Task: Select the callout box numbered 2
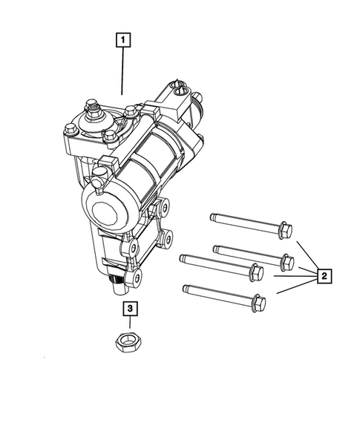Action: click(x=324, y=277)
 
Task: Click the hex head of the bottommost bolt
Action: click(x=258, y=303)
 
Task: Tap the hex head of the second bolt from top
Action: click(x=284, y=261)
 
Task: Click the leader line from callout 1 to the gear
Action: click(x=122, y=70)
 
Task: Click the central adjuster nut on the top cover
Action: click(x=96, y=114)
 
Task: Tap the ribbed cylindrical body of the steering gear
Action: click(x=148, y=174)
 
